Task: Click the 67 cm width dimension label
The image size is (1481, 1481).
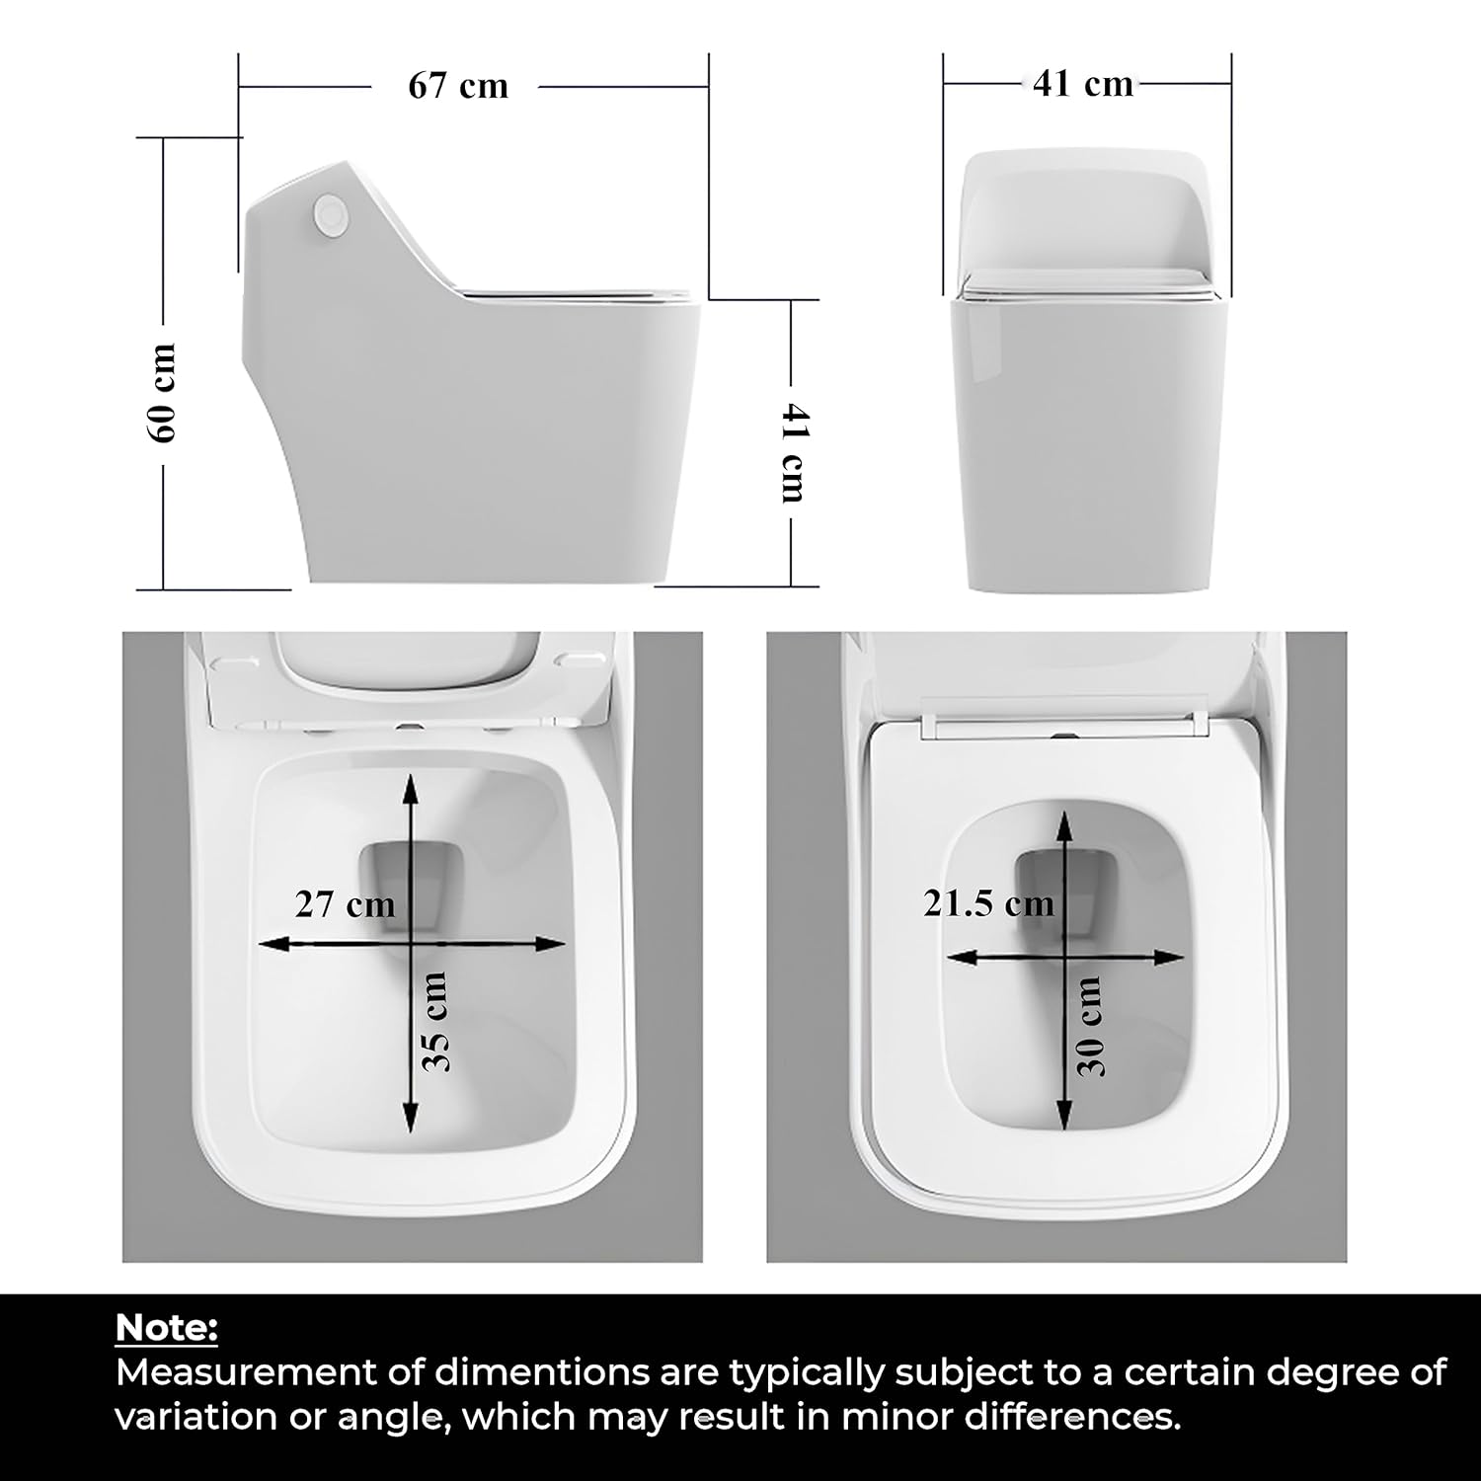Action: click(x=458, y=86)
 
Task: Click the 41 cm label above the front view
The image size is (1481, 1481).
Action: click(x=1083, y=83)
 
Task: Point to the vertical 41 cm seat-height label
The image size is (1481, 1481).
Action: click(x=794, y=451)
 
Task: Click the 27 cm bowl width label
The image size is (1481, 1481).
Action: click(x=345, y=903)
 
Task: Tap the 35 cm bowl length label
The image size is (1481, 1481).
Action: click(x=435, y=1022)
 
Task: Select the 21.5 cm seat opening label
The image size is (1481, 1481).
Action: click(x=988, y=902)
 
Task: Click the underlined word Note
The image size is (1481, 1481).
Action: click(x=166, y=1328)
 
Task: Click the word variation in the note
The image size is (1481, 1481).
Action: click(x=197, y=1417)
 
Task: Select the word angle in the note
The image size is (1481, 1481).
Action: click(x=390, y=1419)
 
